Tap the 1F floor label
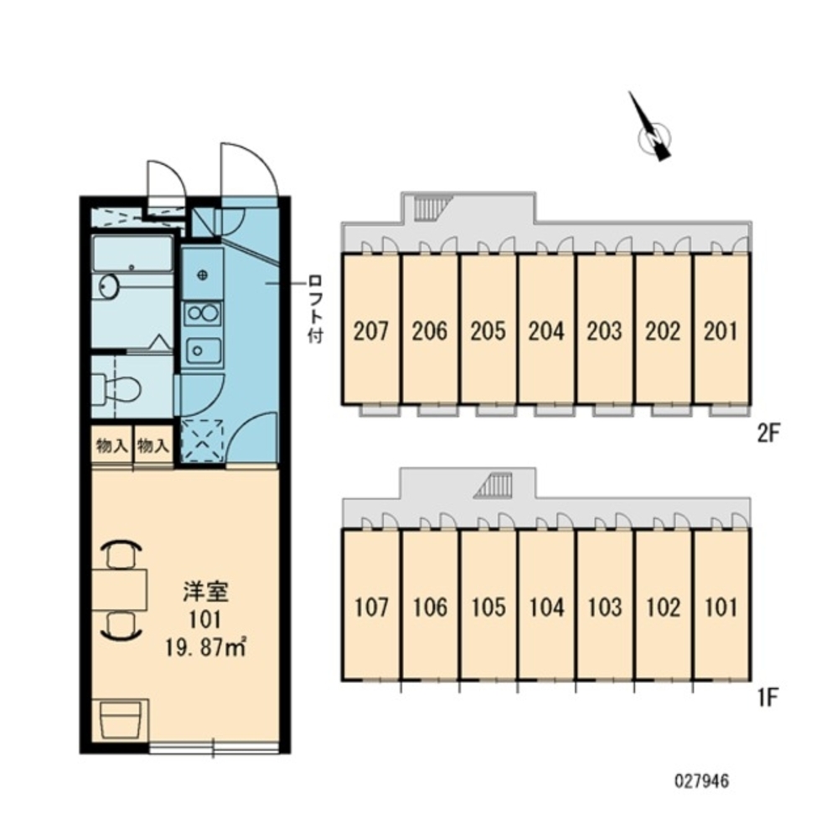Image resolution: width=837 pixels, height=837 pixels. (x=767, y=697)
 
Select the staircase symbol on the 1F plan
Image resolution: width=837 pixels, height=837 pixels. (x=494, y=486)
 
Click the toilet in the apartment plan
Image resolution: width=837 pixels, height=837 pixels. (x=116, y=389)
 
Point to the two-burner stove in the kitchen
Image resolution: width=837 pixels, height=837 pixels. (x=202, y=313)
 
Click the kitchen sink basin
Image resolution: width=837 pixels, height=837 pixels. (x=203, y=351)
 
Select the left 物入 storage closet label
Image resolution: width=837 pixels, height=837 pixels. (x=111, y=446)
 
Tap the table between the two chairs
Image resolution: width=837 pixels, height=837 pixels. (x=120, y=590)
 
